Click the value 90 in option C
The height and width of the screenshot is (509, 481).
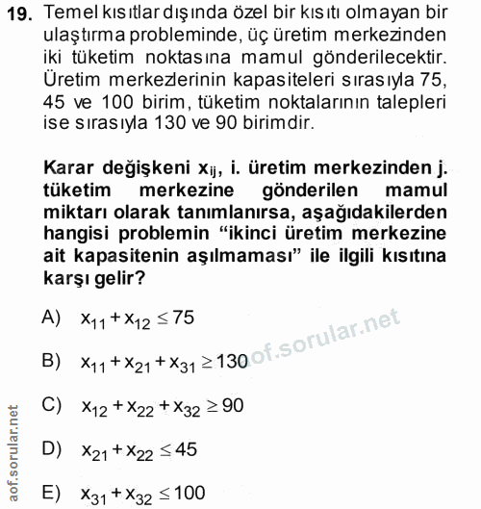click(x=232, y=404)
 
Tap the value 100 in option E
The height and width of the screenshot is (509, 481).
click(x=190, y=492)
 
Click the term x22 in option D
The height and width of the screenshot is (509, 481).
click(x=139, y=450)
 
